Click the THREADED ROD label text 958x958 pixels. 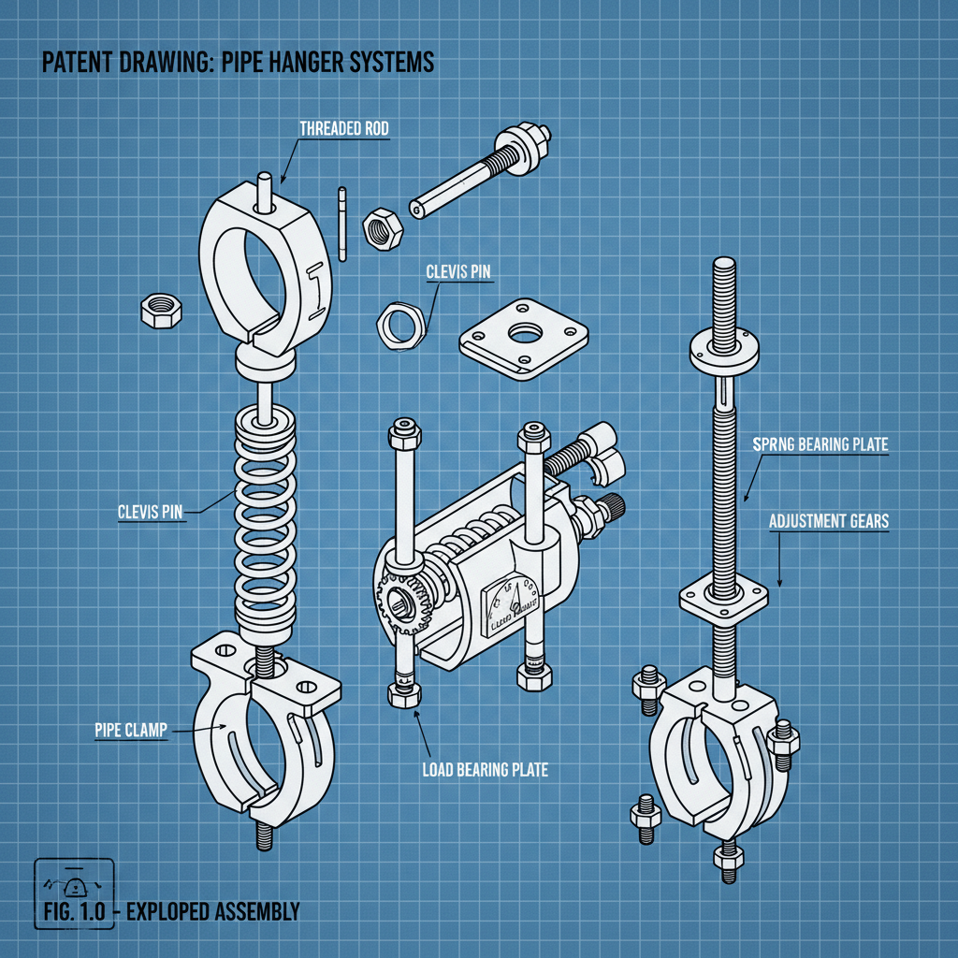pyautogui.click(x=342, y=129)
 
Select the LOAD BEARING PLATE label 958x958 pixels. pyautogui.click(x=485, y=770)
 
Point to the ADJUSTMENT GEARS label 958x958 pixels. pyautogui.click(x=828, y=521)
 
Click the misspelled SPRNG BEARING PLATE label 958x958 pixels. pyautogui.click(x=820, y=446)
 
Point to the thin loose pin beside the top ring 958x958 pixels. pyautogui.click(x=343, y=225)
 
